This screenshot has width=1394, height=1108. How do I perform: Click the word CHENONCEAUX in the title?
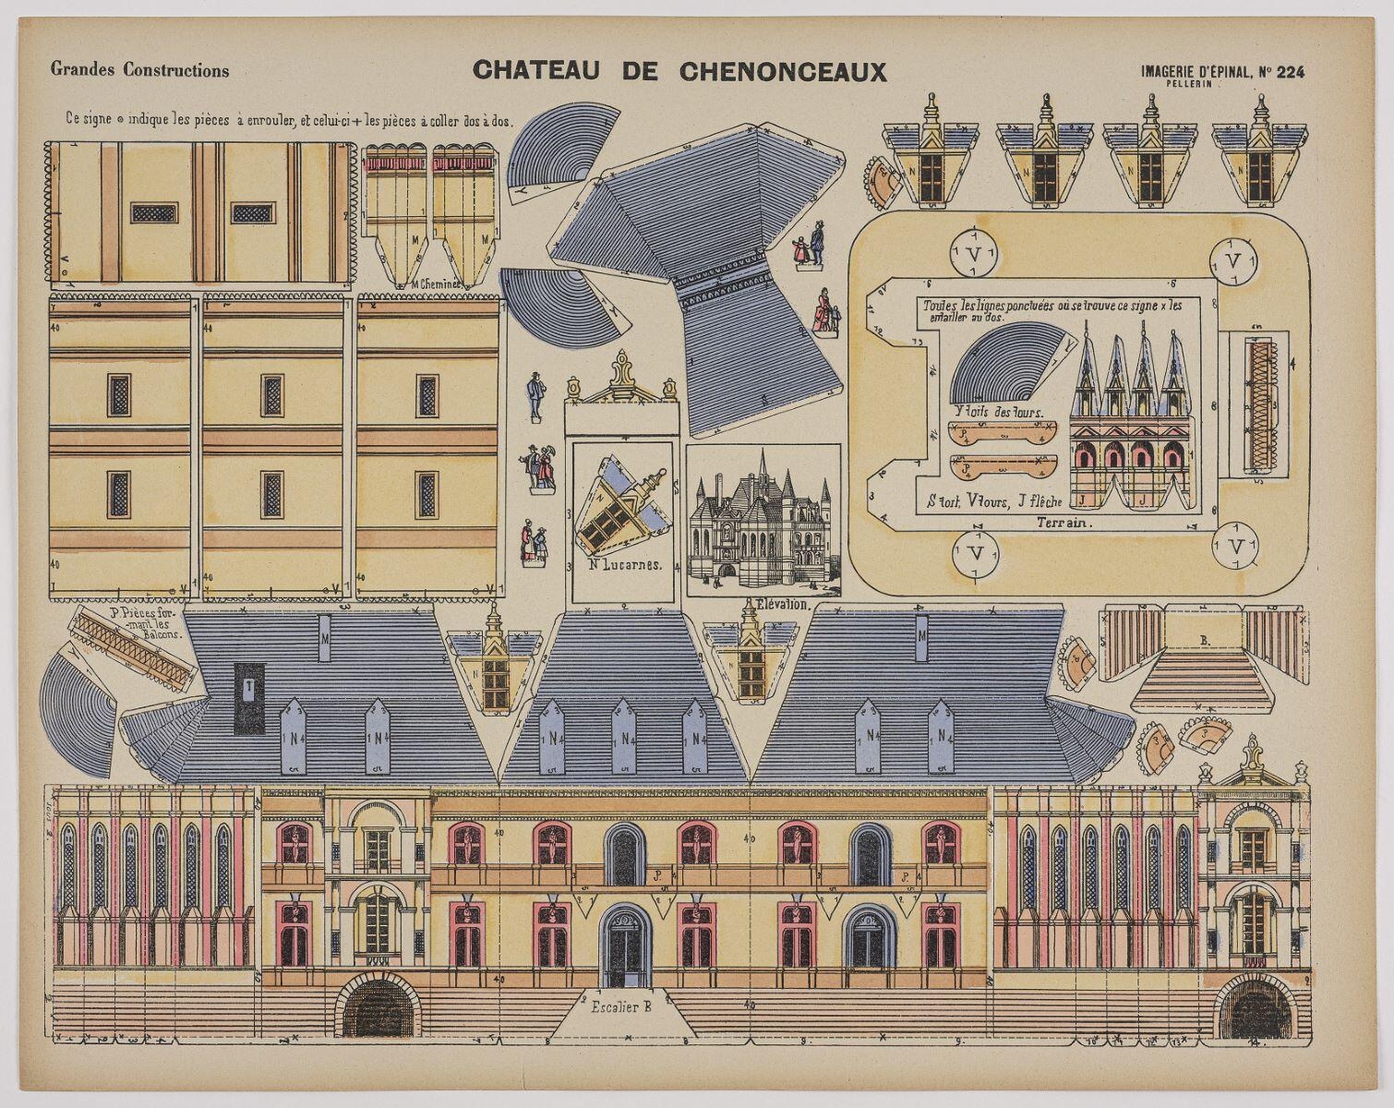click(x=783, y=72)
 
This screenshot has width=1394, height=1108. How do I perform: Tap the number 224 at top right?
click(x=1291, y=73)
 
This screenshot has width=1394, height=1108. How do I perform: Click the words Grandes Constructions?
click(x=140, y=70)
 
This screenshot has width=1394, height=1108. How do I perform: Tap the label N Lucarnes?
click(x=625, y=565)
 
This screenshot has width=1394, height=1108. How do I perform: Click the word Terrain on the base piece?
click(x=1064, y=523)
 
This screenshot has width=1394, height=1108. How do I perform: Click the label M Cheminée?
click(x=432, y=284)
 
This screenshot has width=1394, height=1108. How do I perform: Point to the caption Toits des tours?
click(x=995, y=412)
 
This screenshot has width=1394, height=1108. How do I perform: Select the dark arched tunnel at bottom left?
click(x=377, y=1008)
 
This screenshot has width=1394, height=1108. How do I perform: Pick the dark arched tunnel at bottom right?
click(x=1254, y=1008)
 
